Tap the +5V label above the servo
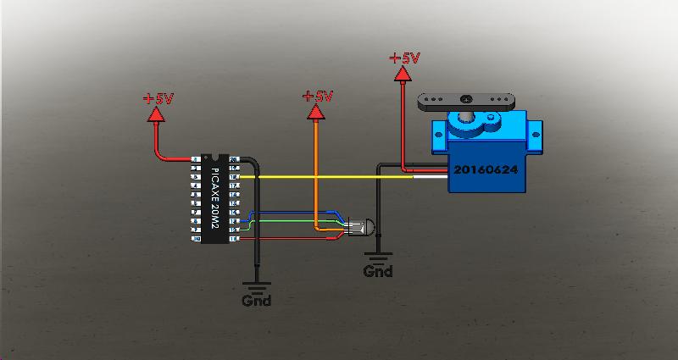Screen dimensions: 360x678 pos(404,58)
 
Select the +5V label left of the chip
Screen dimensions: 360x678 pos(158,98)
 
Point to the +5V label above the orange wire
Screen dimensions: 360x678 pos(318,97)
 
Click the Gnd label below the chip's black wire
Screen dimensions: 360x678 pos(257,300)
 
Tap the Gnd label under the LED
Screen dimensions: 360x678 pos(378,272)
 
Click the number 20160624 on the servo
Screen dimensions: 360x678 pos(485,169)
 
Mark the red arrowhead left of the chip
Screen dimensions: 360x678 pos(157,115)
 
